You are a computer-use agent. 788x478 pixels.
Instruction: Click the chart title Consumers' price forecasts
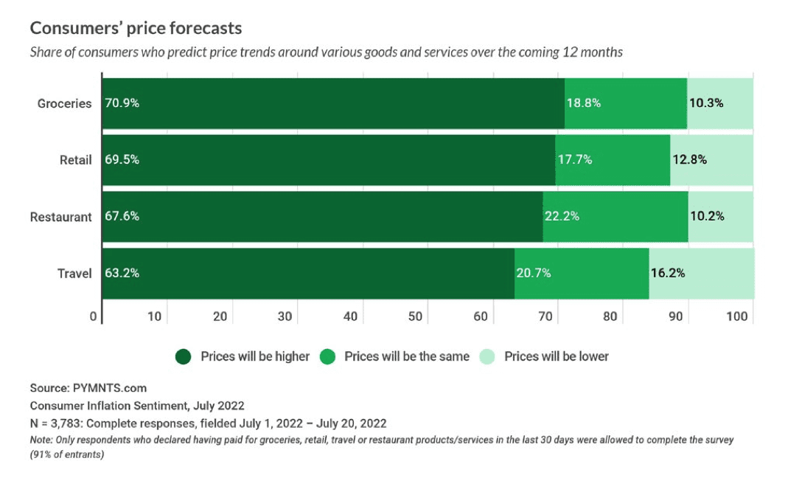point(136,29)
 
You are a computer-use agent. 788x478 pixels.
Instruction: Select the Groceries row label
point(65,103)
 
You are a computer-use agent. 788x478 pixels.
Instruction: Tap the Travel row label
point(75,273)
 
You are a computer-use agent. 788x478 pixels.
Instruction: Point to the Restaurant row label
point(61,217)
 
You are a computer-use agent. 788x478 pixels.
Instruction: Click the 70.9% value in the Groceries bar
point(122,103)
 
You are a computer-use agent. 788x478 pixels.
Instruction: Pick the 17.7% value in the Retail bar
point(574,159)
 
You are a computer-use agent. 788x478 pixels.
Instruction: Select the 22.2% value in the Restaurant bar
point(562,216)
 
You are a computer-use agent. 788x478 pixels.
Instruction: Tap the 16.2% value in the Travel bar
point(667,273)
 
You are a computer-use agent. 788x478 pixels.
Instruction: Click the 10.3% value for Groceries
point(706,103)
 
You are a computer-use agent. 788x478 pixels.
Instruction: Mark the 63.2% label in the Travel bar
point(122,273)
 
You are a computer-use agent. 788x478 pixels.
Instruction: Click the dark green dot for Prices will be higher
point(184,357)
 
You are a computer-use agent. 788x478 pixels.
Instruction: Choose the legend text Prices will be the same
point(407,356)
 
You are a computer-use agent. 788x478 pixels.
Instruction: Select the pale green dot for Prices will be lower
point(487,357)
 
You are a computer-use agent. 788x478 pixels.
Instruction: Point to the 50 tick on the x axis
point(415,316)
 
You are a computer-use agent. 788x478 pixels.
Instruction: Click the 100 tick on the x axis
point(737,316)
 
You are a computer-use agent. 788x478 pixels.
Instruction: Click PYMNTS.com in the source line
point(109,388)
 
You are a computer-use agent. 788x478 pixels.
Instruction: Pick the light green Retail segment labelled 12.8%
point(711,159)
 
